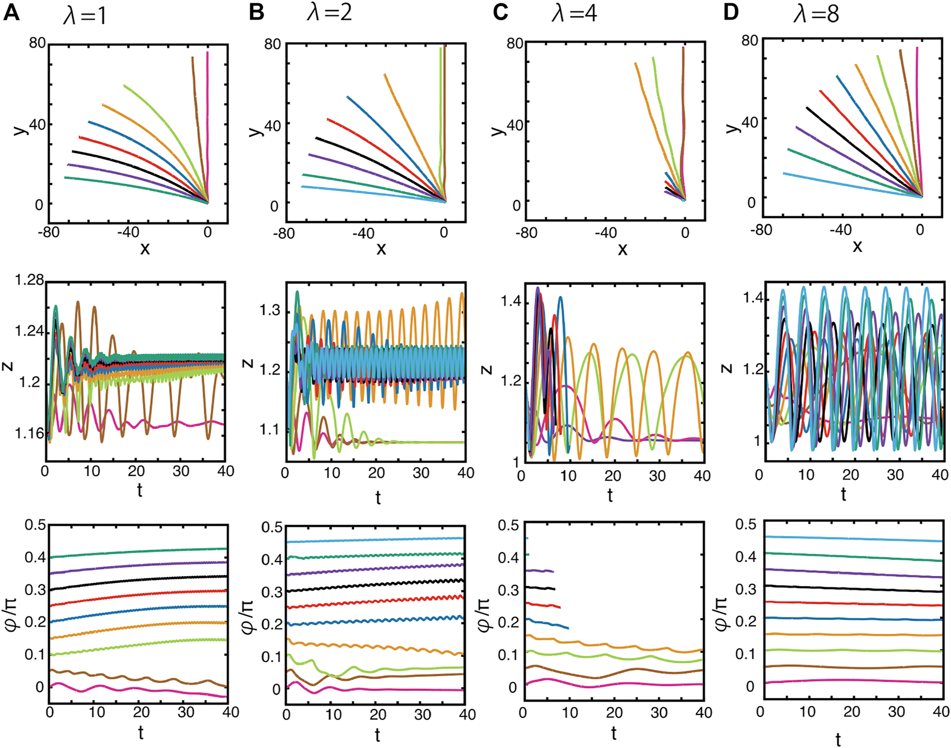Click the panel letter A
11,12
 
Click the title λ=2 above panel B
330,12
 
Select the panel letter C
500,12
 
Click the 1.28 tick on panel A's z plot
30,280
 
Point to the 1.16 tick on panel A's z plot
30,433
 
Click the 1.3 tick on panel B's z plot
270,311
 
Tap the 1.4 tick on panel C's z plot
510,302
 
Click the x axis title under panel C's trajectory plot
622,249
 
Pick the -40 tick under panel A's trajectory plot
128,232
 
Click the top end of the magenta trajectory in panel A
207,53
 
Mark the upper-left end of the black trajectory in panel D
807,107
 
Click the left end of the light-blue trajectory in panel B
302,186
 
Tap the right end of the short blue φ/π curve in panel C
568,628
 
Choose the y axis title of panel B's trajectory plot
255,130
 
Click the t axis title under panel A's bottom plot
140,732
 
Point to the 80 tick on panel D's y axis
749,40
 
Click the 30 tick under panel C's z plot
657,476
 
